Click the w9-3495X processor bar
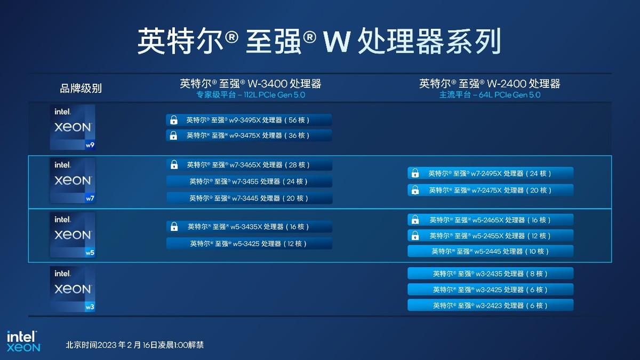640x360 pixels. pyautogui.click(x=249, y=120)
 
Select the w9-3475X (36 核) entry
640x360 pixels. pyautogui.click(x=249, y=135)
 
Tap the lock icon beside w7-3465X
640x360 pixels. pyautogui.click(x=174, y=165)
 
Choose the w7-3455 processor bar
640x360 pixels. pyautogui.click(x=249, y=181)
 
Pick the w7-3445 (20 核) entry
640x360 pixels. pyautogui.click(x=249, y=198)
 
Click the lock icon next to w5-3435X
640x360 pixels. pyautogui.click(x=174, y=227)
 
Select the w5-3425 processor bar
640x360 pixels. pyautogui.click(x=249, y=243)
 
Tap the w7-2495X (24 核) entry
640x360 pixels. pyautogui.click(x=490, y=173)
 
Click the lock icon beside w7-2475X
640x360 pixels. pyautogui.click(x=415, y=190)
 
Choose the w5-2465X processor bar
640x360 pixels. pyautogui.click(x=490, y=220)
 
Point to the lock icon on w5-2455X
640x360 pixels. pyautogui.click(x=415, y=236)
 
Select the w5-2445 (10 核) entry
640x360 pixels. pyautogui.click(x=490, y=251)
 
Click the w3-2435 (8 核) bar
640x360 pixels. pyautogui.click(x=490, y=274)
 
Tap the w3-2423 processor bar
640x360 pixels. pyautogui.click(x=490, y=306)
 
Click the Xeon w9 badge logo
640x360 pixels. pyautogui.click(x=73, y=127)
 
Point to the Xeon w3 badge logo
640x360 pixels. pyautogui.click(x=73, y=289)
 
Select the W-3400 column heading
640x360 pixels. pyautogui.click(x=251, y=83)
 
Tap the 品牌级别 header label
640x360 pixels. pyautogui.click(x=81, y=89)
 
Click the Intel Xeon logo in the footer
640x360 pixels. pyautogui.click(x=23, y=341)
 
